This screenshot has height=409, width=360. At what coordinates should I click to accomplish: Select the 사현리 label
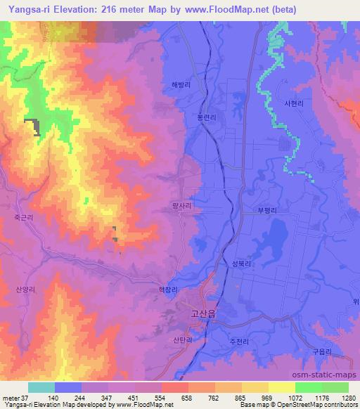click(293, 103)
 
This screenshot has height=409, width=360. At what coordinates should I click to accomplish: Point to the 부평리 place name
click(267, 209)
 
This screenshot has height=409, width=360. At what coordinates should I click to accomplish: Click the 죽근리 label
click(21, 219)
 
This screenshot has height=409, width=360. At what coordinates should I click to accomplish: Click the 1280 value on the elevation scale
click(349, 397)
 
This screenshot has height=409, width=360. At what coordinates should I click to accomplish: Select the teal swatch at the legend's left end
click(41, 388)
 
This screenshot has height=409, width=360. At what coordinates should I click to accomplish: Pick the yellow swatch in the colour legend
click(281, 388)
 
